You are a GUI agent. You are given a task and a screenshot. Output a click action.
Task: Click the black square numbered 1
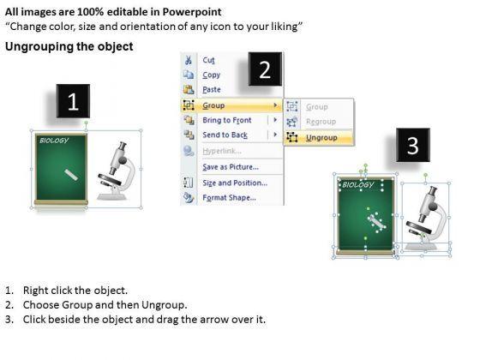click(73, 101)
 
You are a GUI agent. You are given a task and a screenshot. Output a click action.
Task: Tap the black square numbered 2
click(265, 69)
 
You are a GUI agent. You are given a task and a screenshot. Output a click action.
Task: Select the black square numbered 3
click(413, 145)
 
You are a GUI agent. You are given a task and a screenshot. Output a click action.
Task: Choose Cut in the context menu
click(208, 60)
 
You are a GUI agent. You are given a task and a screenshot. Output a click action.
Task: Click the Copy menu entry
click(211, 75)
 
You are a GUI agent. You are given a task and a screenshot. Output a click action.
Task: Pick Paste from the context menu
click(212, 90)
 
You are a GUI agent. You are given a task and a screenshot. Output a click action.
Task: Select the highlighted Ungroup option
click(321, 138)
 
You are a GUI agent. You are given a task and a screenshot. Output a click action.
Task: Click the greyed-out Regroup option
click(321, 122)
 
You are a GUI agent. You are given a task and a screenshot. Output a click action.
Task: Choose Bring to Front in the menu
click(227, 120)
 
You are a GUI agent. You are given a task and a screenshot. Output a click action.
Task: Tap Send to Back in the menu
click(225, 135)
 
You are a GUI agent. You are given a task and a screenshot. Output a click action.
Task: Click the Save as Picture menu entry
click(231, 167)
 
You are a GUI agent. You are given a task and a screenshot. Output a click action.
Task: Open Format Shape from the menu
click(230, 198)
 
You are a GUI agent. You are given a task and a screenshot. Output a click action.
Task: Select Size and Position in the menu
click(235, 183)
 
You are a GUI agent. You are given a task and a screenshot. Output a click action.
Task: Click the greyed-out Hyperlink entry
click(222, 151)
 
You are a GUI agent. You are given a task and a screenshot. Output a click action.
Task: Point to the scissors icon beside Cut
click(189, 60)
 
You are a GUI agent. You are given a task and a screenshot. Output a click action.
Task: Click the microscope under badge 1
click(117, 171)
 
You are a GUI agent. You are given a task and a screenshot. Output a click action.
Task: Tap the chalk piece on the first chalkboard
click(71, 175)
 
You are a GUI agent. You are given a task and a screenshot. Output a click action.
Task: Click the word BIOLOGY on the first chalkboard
click(54, 141)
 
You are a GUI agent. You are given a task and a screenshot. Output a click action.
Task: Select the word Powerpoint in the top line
click(192, 12)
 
